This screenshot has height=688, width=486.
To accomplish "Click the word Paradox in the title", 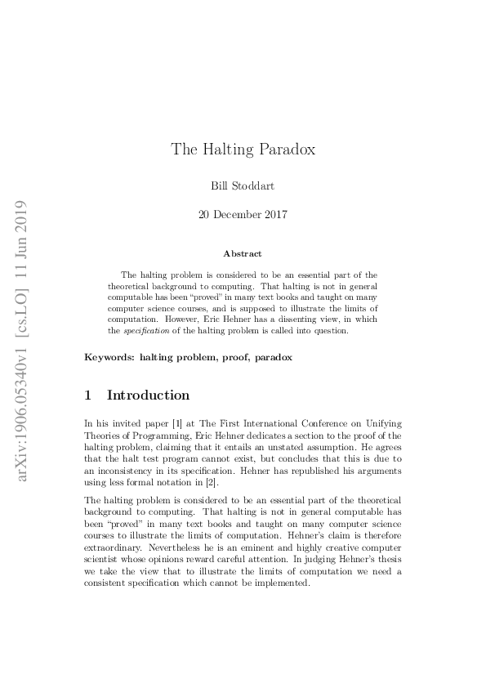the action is (x=286, y=149).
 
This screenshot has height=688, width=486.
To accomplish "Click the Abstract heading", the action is (x=243, y=254).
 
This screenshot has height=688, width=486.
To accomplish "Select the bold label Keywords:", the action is (x=109, y=357).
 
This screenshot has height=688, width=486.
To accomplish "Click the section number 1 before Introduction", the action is (x=88, y=395).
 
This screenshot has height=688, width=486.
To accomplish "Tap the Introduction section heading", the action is (x=148, y=395).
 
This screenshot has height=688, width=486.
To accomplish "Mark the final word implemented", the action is (x=283, y=584).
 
